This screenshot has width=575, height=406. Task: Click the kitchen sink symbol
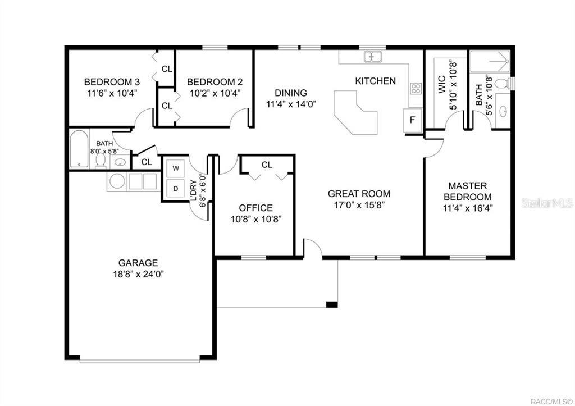[373, 57]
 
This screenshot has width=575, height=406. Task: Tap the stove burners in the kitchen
[416, 88]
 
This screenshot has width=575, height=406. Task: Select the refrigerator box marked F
[413, 120]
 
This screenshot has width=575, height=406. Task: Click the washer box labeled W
[176, 168]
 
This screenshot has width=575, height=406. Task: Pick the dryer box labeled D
[176, 189]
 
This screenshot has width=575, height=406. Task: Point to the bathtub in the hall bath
[79, 149]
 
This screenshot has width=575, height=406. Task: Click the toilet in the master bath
[503, 83]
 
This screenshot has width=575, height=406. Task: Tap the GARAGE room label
[138, 263]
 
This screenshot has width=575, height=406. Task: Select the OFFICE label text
[255, 208]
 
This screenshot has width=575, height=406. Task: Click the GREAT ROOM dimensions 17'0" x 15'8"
[359, 204]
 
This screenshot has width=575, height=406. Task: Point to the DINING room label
[291, 93]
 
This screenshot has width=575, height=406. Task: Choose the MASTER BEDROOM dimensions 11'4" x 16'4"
[468, 208]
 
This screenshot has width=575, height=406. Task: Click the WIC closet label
[441, 84]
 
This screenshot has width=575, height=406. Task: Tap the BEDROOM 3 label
[112, 81]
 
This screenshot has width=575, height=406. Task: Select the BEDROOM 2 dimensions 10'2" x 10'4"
[215, 93]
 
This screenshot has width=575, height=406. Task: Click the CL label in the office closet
[267, 165]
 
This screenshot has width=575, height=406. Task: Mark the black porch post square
[332, 304]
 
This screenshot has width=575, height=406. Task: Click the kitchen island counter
[355, 113]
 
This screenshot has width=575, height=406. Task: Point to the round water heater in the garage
[117, 181]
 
